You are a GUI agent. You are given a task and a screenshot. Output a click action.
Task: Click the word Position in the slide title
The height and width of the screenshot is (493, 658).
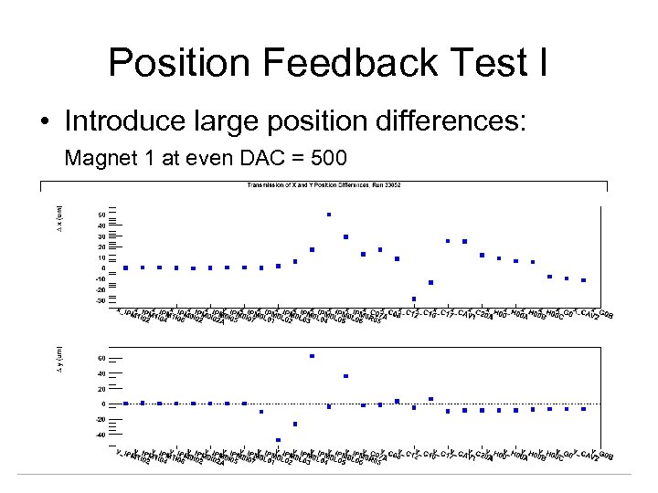click(x=173, y=63)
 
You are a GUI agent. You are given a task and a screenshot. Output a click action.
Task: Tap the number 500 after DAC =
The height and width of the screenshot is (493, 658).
click(x=329, y=159)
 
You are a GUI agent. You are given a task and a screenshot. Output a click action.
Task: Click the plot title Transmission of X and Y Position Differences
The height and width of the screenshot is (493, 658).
click(x=324, y=185)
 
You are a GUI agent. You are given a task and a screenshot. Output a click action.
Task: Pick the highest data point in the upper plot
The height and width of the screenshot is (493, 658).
click(x=329, y=215)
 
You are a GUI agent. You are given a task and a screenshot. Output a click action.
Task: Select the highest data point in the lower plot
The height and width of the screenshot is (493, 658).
click(x=312, y=356)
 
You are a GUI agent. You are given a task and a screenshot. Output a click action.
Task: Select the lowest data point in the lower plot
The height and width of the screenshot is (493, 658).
click(x=278, y=440)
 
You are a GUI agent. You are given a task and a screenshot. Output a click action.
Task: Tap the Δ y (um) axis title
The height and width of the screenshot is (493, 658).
click(x=60, y=362)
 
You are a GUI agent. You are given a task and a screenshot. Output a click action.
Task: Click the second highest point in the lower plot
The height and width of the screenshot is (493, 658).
click(x=345, y=376)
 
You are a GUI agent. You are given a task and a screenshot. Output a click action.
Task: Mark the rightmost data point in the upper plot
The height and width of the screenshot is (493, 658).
click(x=584, y=280)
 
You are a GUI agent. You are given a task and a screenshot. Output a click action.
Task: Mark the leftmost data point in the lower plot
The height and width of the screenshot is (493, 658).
click(x=125, y=403)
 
